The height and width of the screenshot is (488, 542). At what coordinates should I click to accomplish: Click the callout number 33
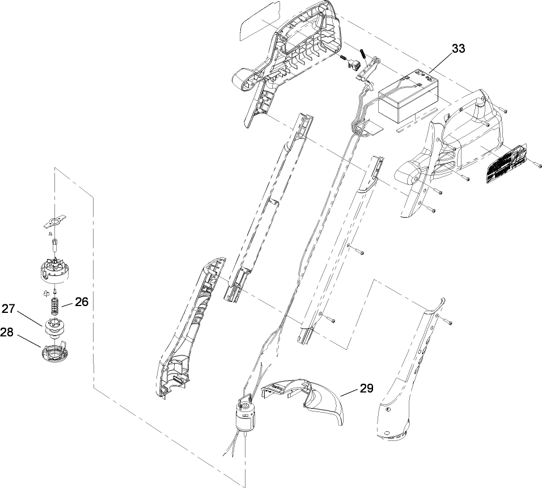click(458, 49)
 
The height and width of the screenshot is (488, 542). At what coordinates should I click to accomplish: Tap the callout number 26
click(82, 302)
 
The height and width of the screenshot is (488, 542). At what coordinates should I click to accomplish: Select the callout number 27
click(8, 308)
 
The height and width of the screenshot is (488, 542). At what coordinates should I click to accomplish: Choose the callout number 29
click(366, 388)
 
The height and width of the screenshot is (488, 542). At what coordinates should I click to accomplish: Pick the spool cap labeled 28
click(54, 353)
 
